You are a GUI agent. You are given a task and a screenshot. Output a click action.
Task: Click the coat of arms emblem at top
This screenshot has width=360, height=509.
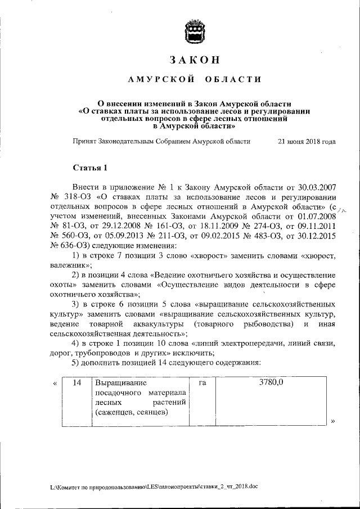tap(195, 30)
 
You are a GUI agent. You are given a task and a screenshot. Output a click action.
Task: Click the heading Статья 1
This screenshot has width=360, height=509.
tap(89, 168)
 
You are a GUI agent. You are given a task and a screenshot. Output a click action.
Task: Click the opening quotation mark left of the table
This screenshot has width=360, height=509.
tap(55, 383)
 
